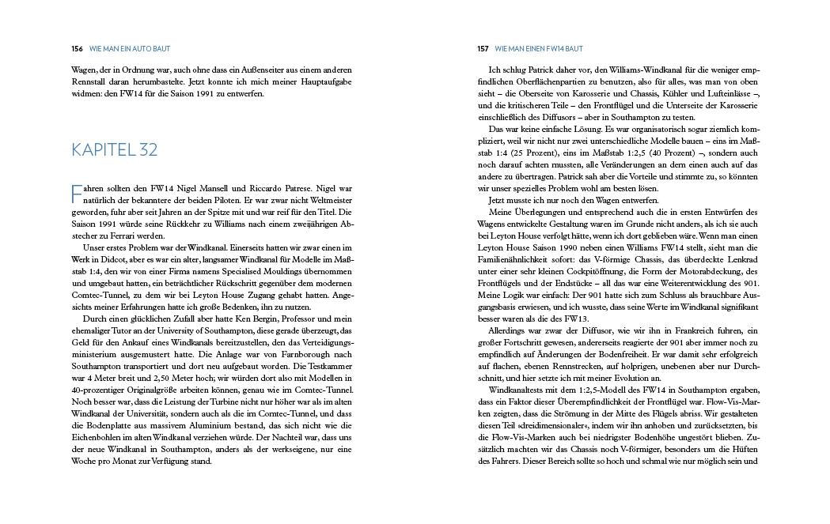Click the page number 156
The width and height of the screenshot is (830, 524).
(x=77, y=49)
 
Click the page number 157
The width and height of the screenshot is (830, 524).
(x=483, y=49)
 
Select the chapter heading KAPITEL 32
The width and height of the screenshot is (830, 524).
(x=115, y=149)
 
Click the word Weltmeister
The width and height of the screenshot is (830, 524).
(x=328, y=201)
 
